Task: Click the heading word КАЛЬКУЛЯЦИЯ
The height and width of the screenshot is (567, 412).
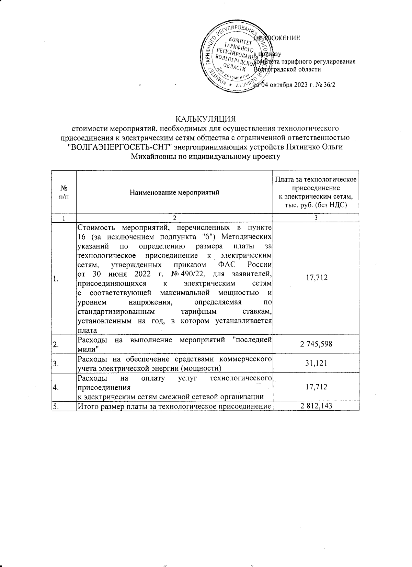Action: point(206,119)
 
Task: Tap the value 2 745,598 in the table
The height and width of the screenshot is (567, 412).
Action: point(316,344)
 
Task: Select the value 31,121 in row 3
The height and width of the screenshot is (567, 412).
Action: point(316,363)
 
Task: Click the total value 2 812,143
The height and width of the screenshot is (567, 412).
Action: point(316,406)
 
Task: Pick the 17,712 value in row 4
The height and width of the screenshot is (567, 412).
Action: point(316,387)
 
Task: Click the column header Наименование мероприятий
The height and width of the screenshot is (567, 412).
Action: point(174,192)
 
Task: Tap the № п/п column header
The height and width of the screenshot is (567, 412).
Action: point(64,192)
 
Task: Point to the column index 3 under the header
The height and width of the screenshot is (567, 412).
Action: point(316,218)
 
